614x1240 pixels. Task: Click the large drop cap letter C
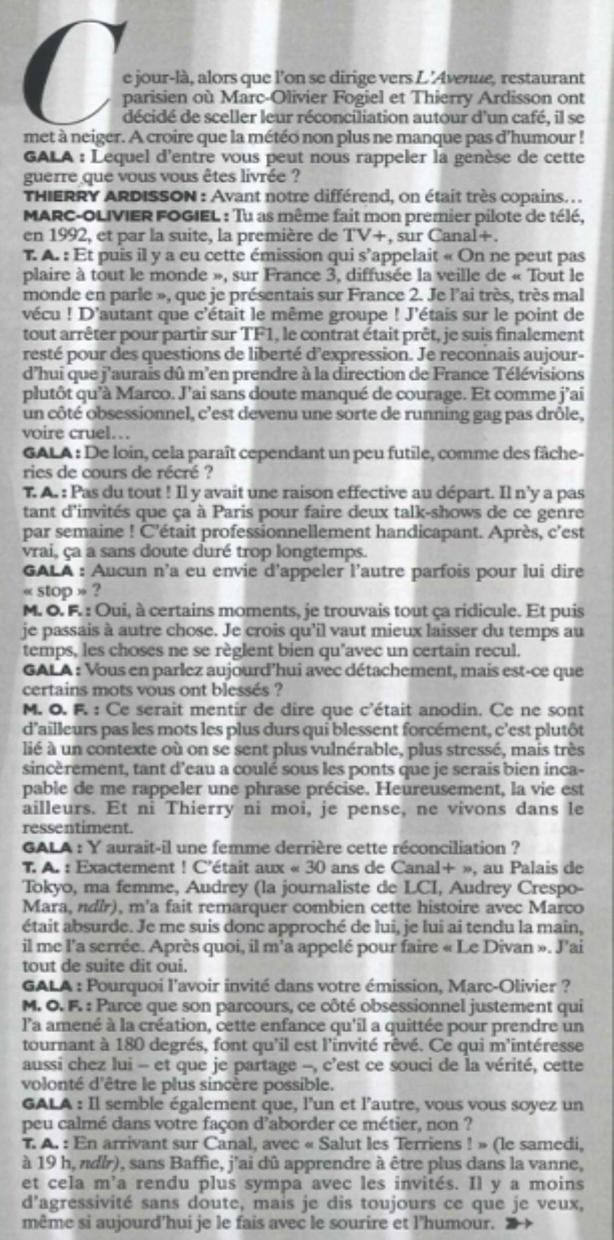pyautogui.click(x=72, y=77)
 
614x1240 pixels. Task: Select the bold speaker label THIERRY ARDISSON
pyautogui.click(x=114, y=196)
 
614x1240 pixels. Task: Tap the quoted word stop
pyautogui.click(x=54, y=591)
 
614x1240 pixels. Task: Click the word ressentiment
pyautogui.click(x=73, y=828)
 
